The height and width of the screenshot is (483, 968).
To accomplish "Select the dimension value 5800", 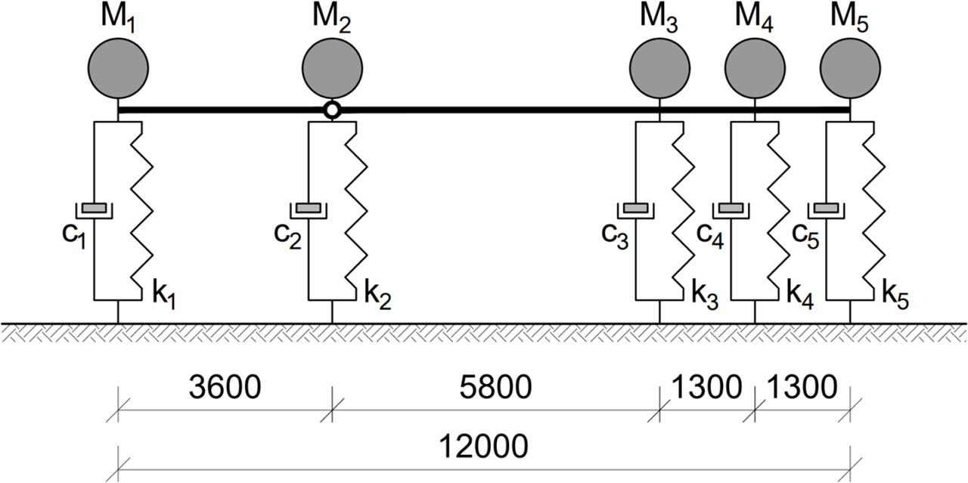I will pos(496,388).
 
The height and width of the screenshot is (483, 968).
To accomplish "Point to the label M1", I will pos(118,16).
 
